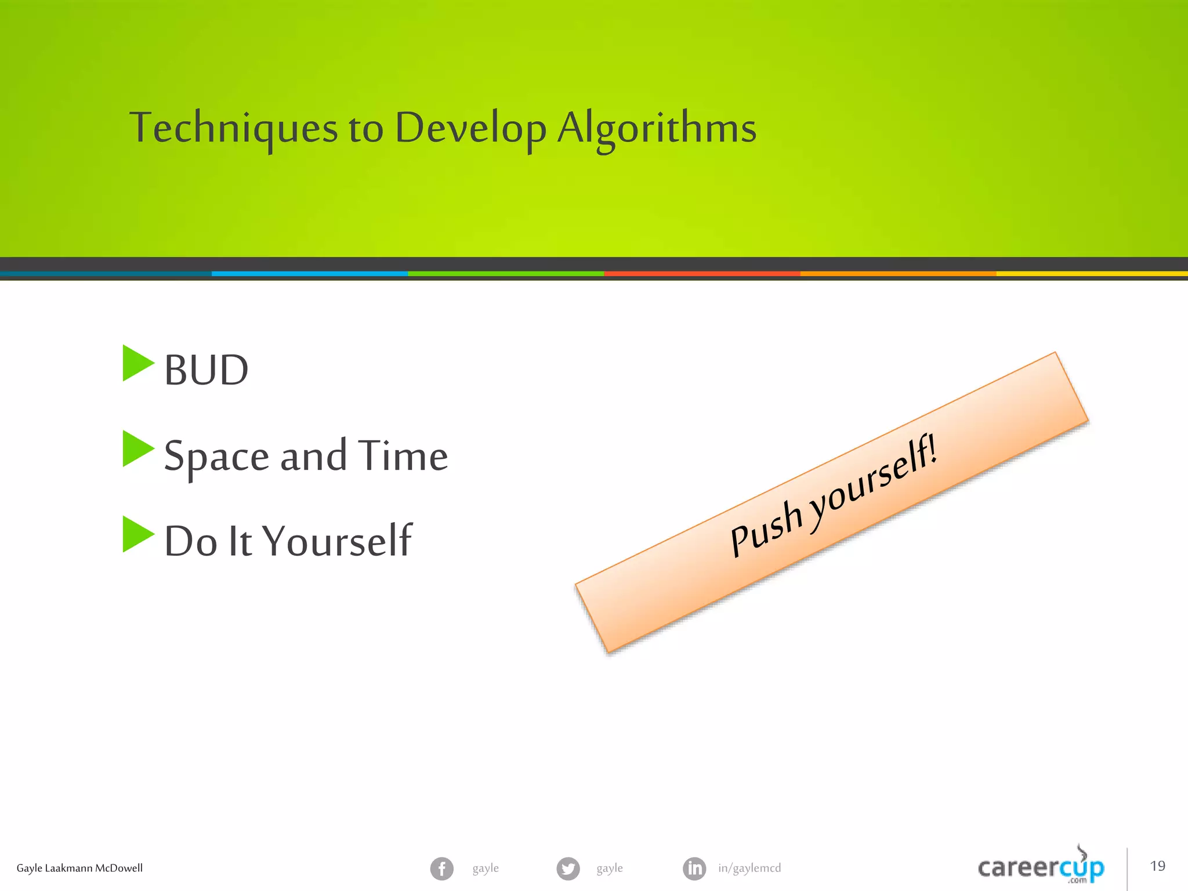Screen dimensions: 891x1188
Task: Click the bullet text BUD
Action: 206,370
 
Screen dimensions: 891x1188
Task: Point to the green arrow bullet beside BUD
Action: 137,363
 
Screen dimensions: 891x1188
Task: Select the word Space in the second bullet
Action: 216,457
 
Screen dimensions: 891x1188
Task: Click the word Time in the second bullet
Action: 403,455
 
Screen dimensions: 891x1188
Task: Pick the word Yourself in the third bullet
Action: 337,541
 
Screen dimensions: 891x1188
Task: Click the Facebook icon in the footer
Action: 441,868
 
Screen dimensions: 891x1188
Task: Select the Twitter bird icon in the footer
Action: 568,868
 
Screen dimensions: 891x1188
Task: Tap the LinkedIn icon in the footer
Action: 694,868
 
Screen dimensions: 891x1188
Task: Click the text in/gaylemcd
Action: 749,868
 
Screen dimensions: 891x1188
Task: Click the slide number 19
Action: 1157,866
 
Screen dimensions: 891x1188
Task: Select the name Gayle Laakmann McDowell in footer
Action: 79,868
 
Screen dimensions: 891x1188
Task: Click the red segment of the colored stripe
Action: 702,273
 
